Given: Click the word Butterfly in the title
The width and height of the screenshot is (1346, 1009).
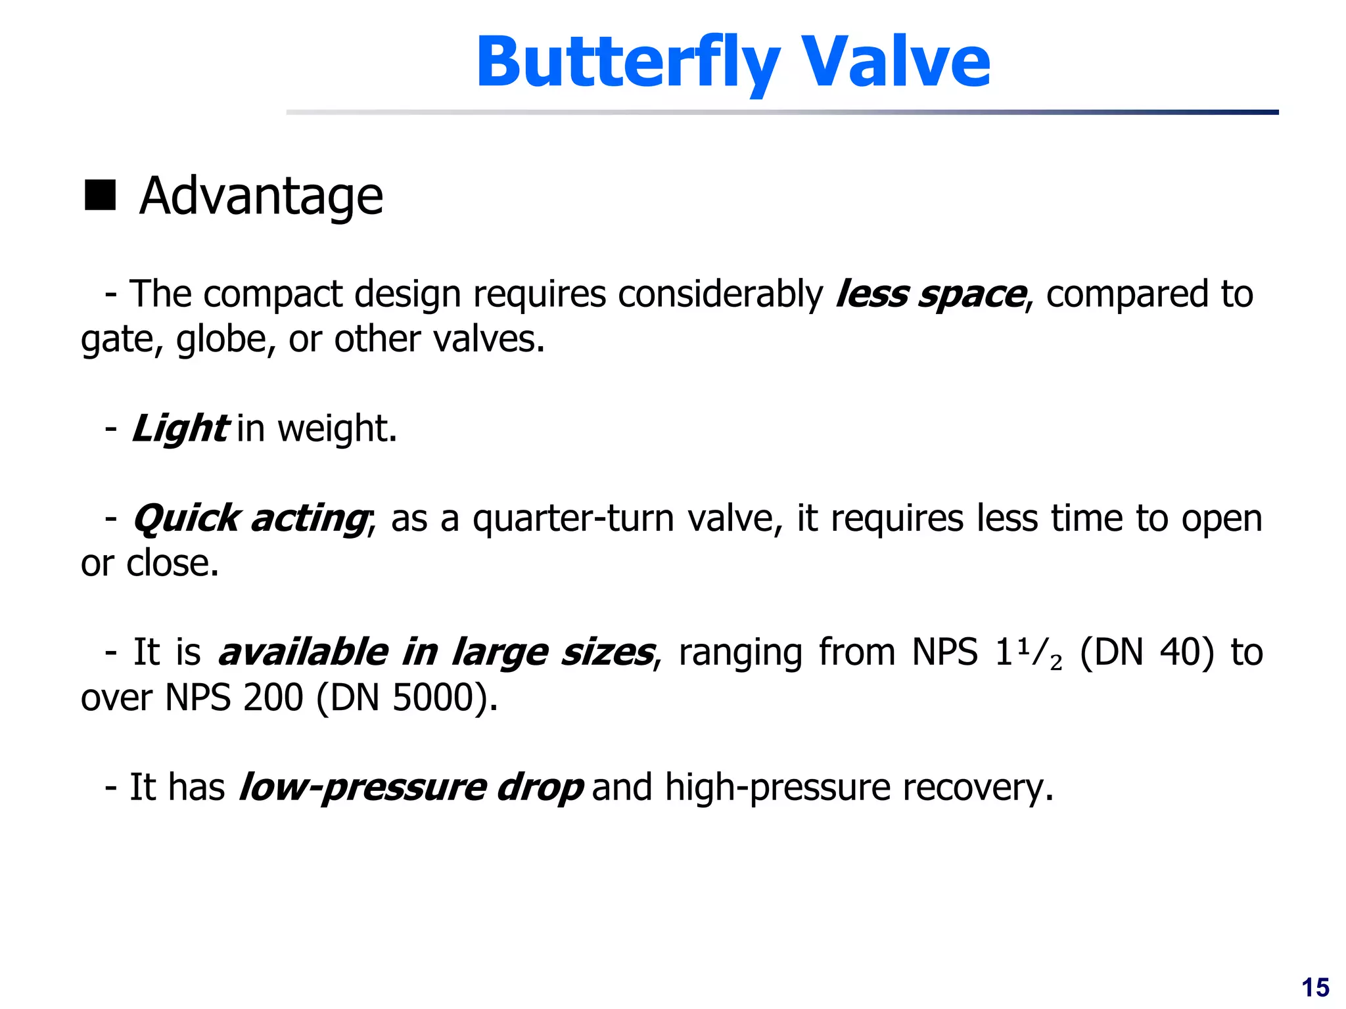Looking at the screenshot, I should tap(628, 62).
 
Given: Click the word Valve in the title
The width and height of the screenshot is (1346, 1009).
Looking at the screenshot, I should tap(896, 62).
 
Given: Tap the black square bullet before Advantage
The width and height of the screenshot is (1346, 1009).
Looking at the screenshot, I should tap(100, 195).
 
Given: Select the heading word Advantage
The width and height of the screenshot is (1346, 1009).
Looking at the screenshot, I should tap(261, 196).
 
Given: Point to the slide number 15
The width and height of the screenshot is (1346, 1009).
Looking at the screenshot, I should tap(1315, 988).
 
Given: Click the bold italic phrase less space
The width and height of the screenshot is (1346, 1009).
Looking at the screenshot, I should tap(930, 294).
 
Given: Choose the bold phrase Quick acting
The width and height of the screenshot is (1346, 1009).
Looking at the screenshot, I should tap(250, 519).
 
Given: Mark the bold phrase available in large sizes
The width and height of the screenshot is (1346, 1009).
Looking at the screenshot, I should tap(436, 652).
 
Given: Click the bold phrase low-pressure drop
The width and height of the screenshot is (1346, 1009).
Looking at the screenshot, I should tap(411, 787).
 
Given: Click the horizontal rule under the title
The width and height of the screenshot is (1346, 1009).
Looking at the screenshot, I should tap(782, 112).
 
